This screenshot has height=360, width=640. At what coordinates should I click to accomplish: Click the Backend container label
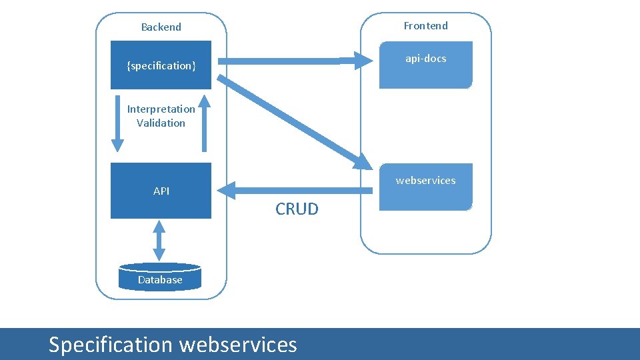pos(161,27)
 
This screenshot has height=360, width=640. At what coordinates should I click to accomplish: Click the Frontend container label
pos(425,26)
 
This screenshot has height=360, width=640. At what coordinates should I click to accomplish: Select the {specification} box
pos(161,65)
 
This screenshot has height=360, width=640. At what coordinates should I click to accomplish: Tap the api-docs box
pos(425,65)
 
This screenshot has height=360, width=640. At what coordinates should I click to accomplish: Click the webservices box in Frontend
pos(425,187)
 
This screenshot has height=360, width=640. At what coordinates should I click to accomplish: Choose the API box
pos(161,191)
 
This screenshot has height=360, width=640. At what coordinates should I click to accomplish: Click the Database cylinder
pos(159,278)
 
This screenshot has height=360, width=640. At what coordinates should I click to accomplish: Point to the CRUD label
pos(297,209)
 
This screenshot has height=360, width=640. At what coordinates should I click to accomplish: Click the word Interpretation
pos(161,109)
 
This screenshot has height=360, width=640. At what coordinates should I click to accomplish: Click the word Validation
pos(161,123)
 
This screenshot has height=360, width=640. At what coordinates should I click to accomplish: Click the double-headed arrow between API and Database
pos(159,240)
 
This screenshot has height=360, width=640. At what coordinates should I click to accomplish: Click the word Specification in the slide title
pos(110,345)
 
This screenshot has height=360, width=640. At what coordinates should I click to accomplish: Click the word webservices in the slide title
pos(238,345)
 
